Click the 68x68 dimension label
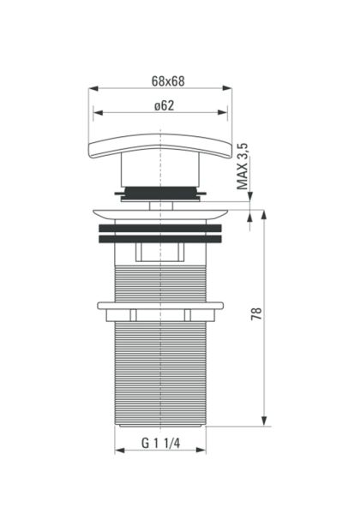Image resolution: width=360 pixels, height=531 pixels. [168, 81]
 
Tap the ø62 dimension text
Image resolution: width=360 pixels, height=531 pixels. [164, 105]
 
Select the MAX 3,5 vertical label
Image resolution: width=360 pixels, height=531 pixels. [243, 166]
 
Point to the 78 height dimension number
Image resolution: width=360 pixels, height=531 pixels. [256, 313]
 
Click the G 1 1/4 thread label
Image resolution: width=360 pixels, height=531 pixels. [160, 443]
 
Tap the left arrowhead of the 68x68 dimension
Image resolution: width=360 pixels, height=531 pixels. [93, 88]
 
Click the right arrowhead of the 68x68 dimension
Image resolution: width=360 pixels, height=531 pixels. [227, 88]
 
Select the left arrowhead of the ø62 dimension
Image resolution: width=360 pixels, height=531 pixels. [98, 112]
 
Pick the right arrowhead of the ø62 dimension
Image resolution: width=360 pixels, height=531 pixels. [223, 112]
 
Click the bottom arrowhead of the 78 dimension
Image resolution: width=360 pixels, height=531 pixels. [264, 421]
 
